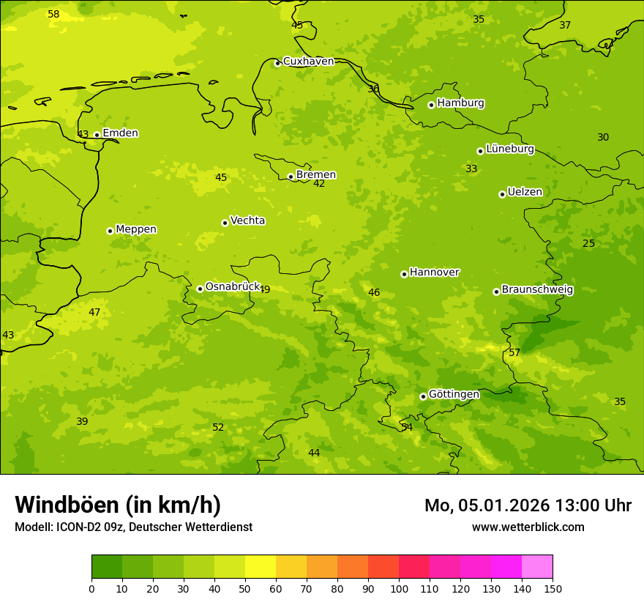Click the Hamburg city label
[460, 103]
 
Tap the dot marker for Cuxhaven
[277, 64]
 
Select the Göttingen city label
[454, 395]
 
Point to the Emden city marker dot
[97, 135]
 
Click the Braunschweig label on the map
[537, 290]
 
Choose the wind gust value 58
[53, 15]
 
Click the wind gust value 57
[514, 353]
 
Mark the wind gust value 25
[588, 244]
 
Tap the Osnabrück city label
[233, 287]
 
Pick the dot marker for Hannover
[404, 274]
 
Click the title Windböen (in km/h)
[118, 505]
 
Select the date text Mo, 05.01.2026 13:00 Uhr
[528, 505]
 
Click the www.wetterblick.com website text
[528, 527]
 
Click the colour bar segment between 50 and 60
[261, 567]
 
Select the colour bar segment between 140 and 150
[537, 567]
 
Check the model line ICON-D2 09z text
[133, 527]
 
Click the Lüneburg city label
[509, 149]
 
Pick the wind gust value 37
[565, 26]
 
